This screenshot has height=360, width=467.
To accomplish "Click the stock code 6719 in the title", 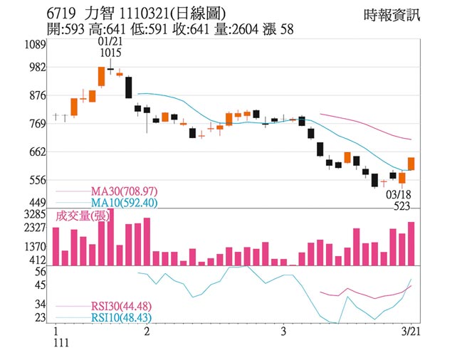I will (59, 14).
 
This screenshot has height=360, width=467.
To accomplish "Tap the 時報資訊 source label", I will (392, 15).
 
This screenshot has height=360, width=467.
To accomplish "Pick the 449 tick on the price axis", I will (36, 203).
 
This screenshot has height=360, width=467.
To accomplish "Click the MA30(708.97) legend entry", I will (124, 191).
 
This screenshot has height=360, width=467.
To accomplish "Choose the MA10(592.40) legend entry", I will (124, 203).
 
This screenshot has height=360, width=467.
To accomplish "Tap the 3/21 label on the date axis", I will (411, 332).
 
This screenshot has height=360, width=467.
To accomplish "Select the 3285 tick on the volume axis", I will (35, 213).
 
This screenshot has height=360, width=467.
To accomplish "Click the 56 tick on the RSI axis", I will (39, 271).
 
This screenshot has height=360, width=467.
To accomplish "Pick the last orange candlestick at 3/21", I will (411, 164).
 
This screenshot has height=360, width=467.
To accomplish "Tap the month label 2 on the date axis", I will (147, 332).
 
